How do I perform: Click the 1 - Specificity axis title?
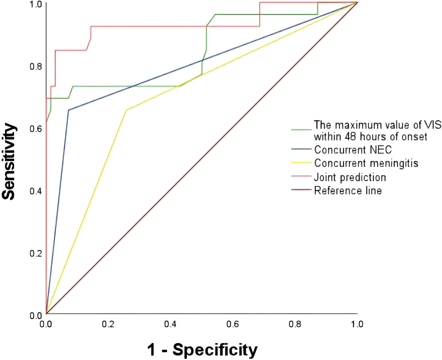(202, 349)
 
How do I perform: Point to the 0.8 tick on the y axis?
(36, 66)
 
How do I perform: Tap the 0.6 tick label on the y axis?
(36, 129)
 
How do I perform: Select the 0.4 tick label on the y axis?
(36, 191)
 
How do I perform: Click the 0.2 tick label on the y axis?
(36, 253)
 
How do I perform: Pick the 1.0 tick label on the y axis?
(36, 4)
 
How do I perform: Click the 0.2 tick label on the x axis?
(108, 324)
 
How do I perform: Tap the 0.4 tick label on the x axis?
(170, 324)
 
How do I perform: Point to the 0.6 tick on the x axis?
(233, 324)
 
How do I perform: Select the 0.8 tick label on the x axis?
(295, 324)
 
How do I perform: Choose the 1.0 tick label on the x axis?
(357, 324)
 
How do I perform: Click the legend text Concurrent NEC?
(353, 150)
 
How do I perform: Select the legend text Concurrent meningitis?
(366, 163)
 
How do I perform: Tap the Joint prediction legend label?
(350, 177)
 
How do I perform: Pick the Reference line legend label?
(348, 190)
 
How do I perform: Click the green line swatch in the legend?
(301, 130)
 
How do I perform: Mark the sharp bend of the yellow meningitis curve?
(126, 110)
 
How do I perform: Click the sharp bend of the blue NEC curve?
(68, 110)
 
